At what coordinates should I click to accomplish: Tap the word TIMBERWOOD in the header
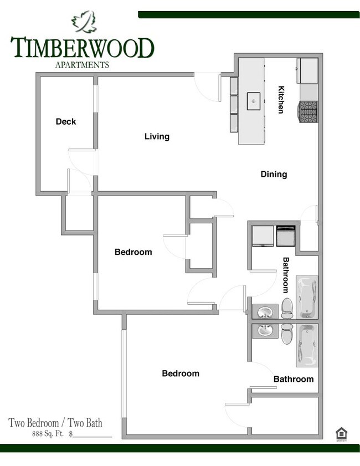[82, 48]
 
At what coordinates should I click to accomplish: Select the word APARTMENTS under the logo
[82, 64]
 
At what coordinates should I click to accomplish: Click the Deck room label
[66, 122]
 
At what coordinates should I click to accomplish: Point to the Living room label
[157, 136]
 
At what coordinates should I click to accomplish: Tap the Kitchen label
[281, 100]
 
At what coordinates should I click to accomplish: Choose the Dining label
[274, 175]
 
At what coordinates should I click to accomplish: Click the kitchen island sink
[254, 101]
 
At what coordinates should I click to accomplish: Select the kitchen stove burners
[308, 112]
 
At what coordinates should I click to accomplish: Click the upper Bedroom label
[133, 252]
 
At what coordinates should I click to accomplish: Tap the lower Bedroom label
[181, 373]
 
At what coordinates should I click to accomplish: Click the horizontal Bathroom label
[294, 380]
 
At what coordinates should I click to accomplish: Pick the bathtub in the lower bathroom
[307, 345]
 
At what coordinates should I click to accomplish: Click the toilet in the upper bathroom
[287, 308]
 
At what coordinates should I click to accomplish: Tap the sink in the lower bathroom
[265, 331]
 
